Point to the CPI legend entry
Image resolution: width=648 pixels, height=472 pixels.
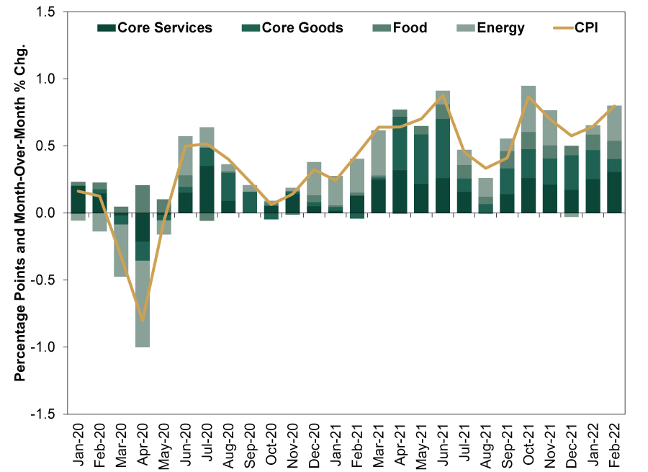pyautogui.click(x=582, y=28)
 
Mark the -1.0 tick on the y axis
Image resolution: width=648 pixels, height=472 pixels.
pyautogui.click(x=53, y=347)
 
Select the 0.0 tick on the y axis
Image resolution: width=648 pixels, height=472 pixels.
pyautogui.click(x=54, y=213)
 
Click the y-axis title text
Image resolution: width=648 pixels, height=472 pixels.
pyautogui.click(x=21, y=213)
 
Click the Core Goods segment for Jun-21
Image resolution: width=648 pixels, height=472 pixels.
pyautogui.click(x=443, y=148)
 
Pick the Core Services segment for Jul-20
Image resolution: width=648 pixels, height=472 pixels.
pyautogui.click(x=207, y=189)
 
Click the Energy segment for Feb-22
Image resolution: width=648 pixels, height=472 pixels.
pyautogui.click(x=614, y=123)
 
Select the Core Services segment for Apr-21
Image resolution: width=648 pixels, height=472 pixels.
pyautogui.click(x=400, y=192)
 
